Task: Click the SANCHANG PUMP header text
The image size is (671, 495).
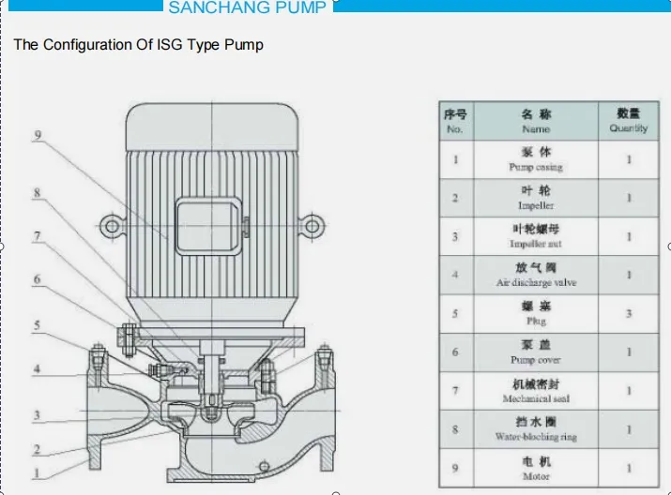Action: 248,8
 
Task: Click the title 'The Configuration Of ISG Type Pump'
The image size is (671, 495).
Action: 138,45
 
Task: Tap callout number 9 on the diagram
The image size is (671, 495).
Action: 38,136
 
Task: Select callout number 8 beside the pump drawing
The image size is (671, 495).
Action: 38,193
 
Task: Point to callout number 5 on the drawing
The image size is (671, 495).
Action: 38,325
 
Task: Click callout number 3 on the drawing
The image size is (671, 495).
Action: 38,415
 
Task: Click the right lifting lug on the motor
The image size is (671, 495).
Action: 312,225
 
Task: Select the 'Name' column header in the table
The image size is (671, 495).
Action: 536,121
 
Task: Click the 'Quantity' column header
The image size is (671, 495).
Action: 628,121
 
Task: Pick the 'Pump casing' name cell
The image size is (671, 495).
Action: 536,159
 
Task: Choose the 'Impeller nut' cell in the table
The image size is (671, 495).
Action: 536,236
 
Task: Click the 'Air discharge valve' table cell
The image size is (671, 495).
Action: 536,276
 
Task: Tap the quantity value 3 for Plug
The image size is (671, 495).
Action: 629,314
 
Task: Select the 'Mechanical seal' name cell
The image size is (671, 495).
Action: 536,391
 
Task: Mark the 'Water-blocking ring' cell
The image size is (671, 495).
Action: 536,430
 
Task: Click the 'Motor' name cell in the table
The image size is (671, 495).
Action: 536,468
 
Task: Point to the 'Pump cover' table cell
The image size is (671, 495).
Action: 536,352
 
